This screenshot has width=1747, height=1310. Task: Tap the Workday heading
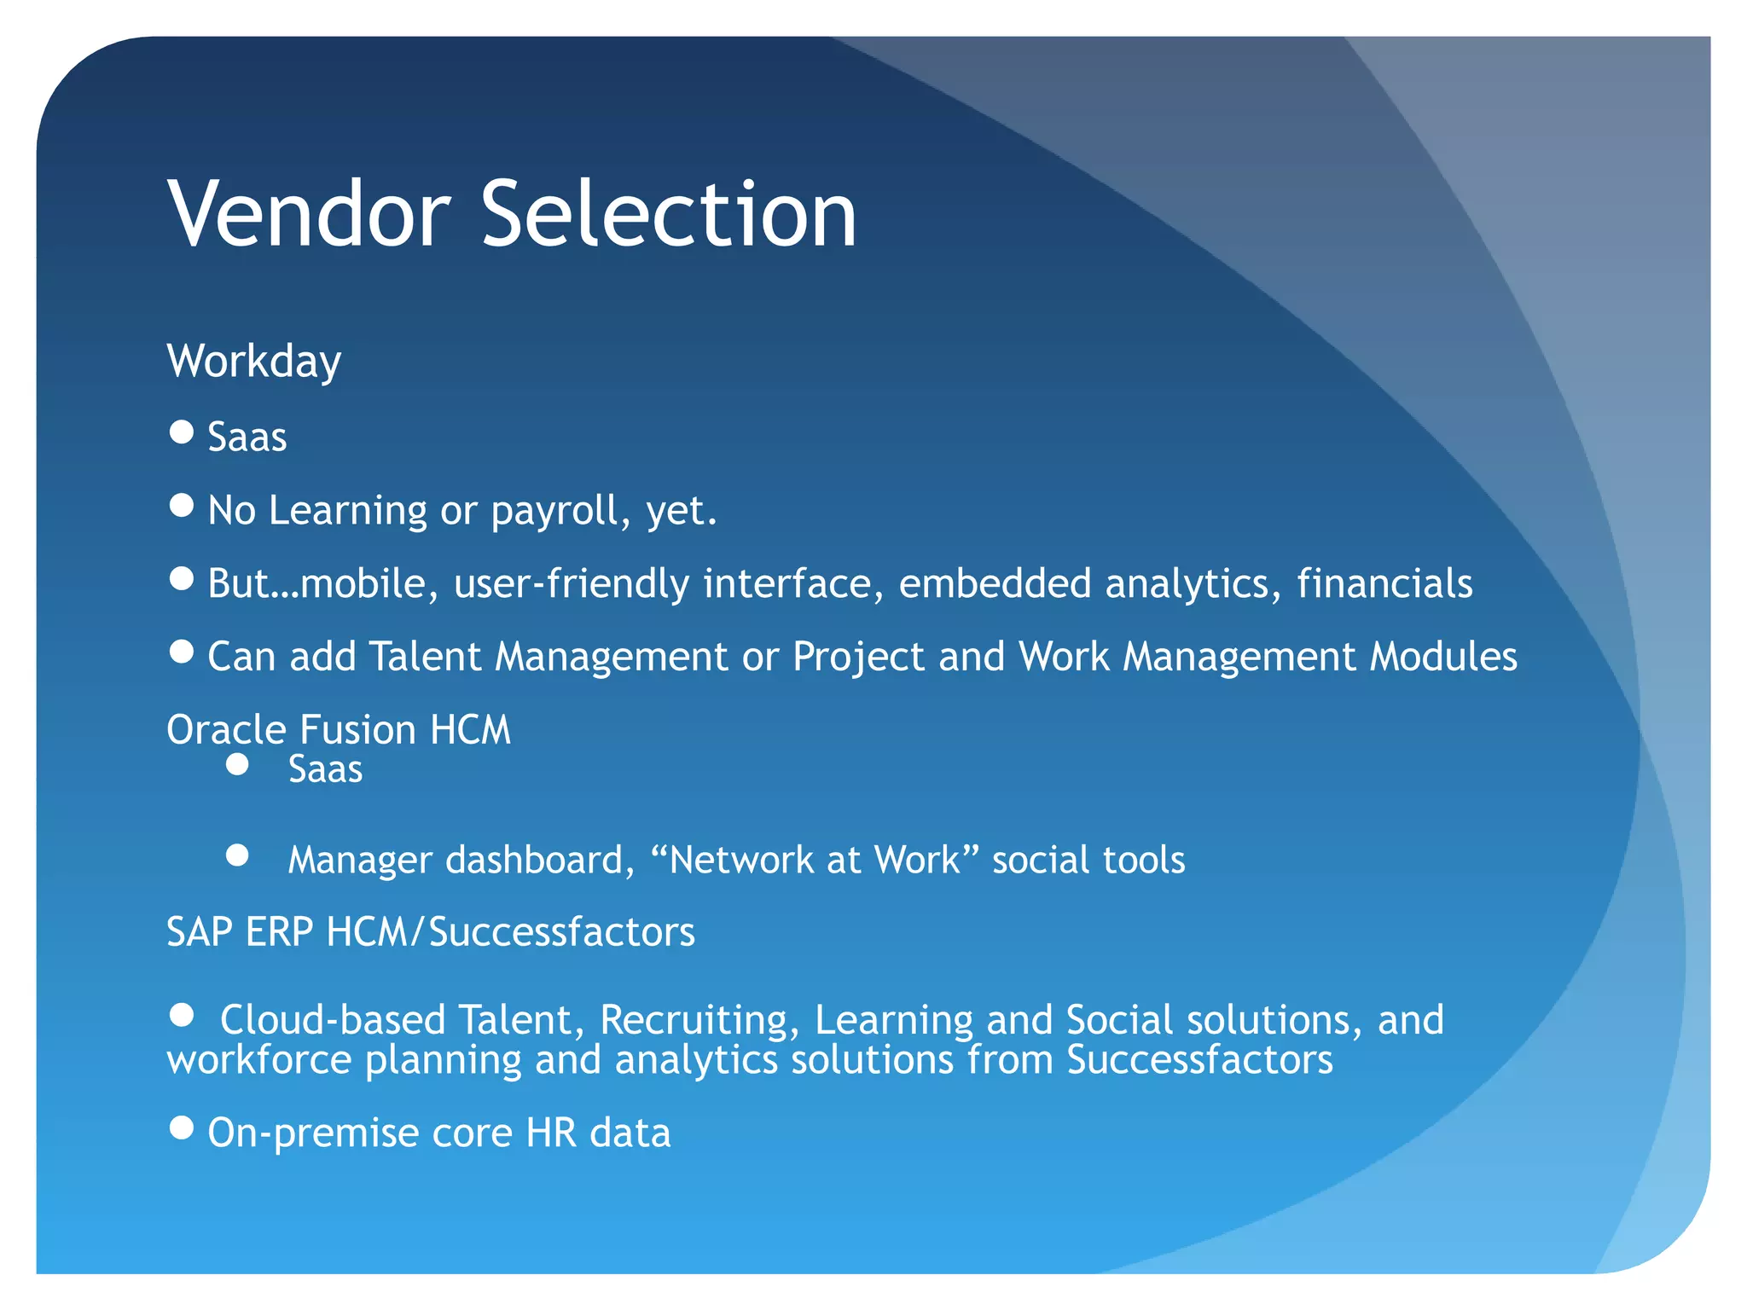[x=254, y=362]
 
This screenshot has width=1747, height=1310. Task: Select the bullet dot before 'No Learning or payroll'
[x=182, y=506]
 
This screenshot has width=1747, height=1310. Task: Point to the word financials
[x=1384, y=584]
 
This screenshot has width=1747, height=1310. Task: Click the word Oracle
[x=227, y=730]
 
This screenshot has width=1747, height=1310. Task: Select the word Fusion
[x=358, y=730]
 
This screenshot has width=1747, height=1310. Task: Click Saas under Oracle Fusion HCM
[x=325, y=769]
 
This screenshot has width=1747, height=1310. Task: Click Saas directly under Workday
[x=247, y=438]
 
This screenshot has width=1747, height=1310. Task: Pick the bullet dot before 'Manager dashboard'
[x=238, y=855]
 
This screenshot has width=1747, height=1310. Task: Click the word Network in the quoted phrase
[x=741, y=860]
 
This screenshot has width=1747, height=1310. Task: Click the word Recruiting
[x=699, y=1020]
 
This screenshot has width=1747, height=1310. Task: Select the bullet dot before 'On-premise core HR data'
[x=182, y=1128]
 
